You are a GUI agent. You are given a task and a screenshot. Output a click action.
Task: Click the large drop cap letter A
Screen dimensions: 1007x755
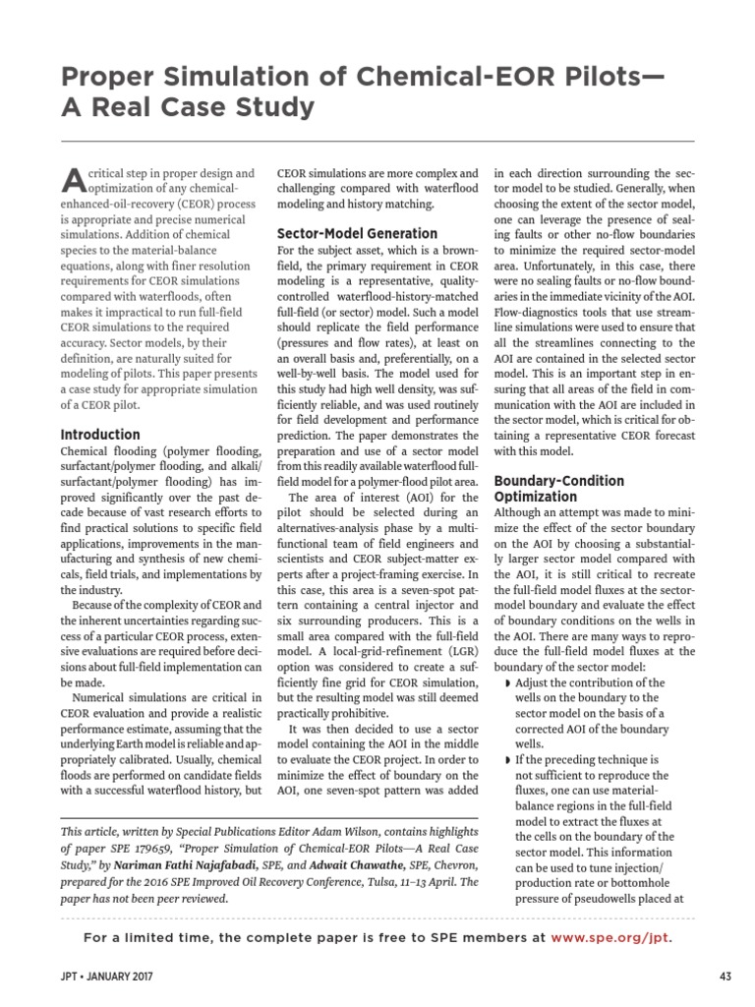[74, 179]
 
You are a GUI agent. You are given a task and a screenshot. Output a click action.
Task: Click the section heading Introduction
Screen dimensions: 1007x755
[100, 434]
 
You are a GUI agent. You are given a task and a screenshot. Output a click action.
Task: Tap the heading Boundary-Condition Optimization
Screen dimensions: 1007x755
[558, 489]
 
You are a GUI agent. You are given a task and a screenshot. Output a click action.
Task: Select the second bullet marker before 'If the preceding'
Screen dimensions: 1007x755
[507, 761]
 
